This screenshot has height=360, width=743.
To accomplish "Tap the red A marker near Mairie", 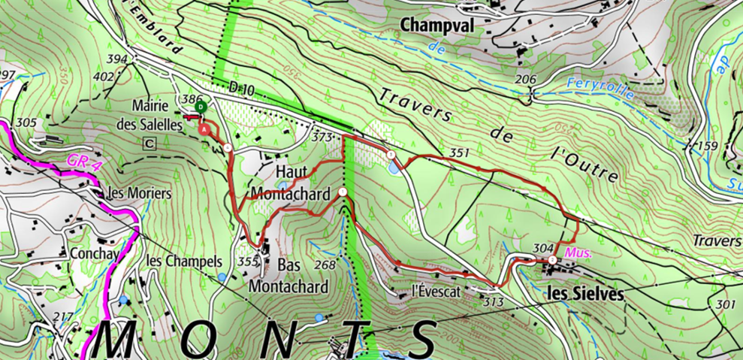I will [x=204, y=129].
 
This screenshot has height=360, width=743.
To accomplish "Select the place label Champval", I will [x=436, y=26].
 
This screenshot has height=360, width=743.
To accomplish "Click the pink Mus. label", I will [x=579, y=253].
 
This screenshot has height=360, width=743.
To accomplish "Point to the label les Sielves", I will [x=582, y=295].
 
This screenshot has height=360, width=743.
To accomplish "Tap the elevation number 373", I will [x=322, y=137].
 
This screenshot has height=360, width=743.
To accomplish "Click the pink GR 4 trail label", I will [x=80, y=162].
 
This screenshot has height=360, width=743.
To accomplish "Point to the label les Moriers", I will [x=140, y=193].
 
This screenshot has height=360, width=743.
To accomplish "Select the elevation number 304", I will [x=542, y=248].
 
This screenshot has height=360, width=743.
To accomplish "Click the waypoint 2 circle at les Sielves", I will [x=553, y=260].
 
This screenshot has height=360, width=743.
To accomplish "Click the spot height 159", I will [x=708, y=146].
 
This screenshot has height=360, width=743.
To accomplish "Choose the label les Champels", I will [x=184, y=262].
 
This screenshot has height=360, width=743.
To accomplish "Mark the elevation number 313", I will [x=494, y=302].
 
